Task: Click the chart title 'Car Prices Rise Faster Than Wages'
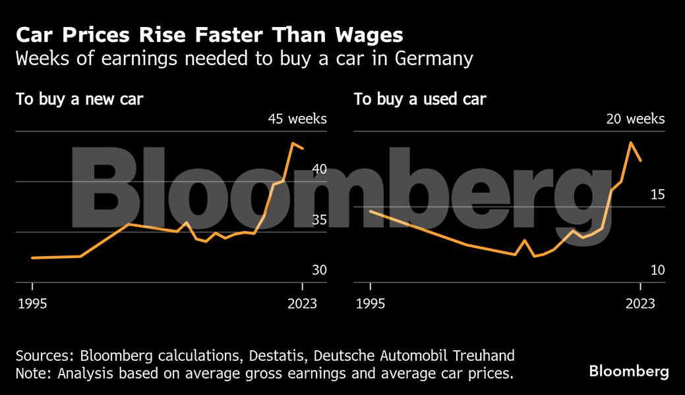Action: point(210,35)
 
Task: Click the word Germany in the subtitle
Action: point(434,59)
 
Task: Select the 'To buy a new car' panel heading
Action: point(80,100)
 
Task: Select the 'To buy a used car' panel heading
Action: point(420,100)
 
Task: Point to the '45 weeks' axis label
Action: point(297,119)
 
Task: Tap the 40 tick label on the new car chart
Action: point(319,169)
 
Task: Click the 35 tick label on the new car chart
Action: point(319,219)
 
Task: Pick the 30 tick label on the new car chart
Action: point(319,270)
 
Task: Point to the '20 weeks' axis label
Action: point(636,119)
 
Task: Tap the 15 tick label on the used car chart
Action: point(657,194)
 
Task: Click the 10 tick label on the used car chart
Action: point(657,270)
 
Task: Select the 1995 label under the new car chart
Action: point(32,303)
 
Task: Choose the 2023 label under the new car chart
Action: point(302,303)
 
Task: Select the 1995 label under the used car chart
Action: point(371,303)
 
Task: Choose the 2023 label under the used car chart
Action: point(640,303)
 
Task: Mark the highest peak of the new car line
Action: point(293,143)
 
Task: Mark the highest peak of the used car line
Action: point(631,142)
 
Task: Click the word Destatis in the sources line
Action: point(272,356)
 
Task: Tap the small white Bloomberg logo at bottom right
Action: point(628,371)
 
